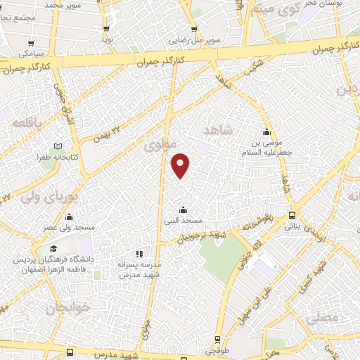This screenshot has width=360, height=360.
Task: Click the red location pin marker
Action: [181, 165]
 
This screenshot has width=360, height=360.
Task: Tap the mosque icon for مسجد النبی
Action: [184, 210]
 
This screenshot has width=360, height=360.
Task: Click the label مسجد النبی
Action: [184, 221]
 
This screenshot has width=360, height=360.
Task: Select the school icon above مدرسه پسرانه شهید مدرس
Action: [139, 253]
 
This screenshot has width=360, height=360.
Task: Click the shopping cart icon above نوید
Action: [106, 29]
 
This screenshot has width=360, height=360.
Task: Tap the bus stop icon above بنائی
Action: [291, 216]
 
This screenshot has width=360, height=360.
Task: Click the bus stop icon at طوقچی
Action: [217, 339]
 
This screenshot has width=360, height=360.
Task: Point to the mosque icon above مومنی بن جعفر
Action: [266, 133]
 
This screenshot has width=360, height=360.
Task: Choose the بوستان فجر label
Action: [330, 5]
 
